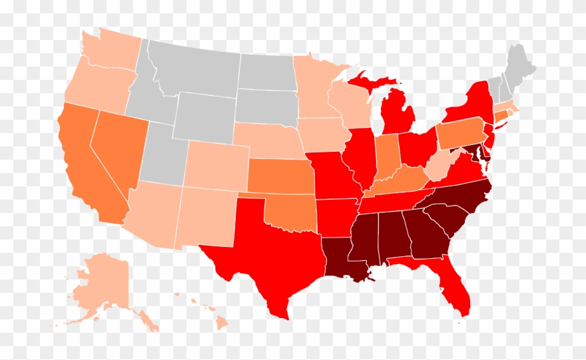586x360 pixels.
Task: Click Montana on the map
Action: click(x=193, y=67)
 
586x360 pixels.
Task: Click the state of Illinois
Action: click(x=360, y=160)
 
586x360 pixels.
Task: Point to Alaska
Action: click(x=100, y=286)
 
